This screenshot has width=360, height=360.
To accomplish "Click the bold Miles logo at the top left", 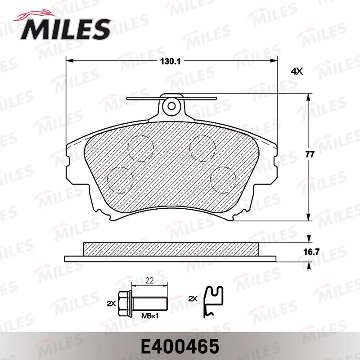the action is pyautogui.click(x=63, y=27).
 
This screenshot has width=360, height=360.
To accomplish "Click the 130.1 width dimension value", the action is pyautogui.click(x=170, y=62).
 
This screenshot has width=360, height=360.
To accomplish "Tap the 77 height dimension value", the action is pyautogui.click(x=310, y=154).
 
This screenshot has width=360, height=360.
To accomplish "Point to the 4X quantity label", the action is pyautogui.click(x=297, y=72).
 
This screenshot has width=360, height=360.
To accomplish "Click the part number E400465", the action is pyautogui.click(x=180, y=346).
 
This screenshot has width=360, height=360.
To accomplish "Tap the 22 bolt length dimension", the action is pyautogui.click(x=149, y=280).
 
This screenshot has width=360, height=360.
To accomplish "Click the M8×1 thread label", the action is pyautogui.click(x=150, y=316).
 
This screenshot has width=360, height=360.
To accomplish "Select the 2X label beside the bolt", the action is pyautogui.click(x=111, y=303).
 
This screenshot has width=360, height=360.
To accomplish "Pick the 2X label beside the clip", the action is pyautogui.click(x=193, y=299).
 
